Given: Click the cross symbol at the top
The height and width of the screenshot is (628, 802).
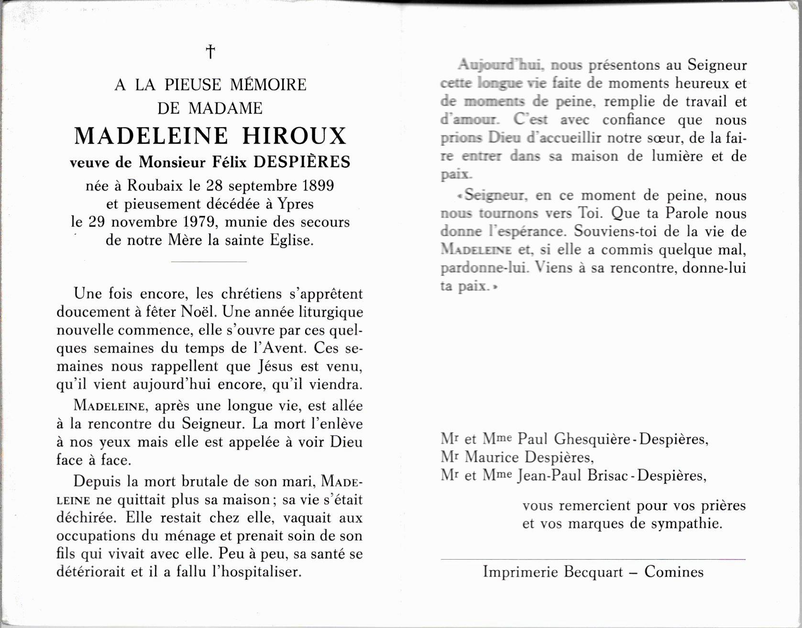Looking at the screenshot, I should click(210, 51).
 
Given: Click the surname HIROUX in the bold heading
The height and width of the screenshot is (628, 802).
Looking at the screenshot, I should click(294, 136).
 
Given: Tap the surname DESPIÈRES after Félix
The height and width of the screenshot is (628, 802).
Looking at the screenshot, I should click(302, 162).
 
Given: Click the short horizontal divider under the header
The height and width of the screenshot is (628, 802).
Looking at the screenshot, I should click(209, 262).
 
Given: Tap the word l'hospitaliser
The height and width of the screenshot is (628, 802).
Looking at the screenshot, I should click(256, 572).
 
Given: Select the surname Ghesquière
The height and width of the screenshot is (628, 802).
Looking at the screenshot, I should click(592, 439).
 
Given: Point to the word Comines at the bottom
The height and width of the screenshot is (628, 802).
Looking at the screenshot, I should click(674, 572).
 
